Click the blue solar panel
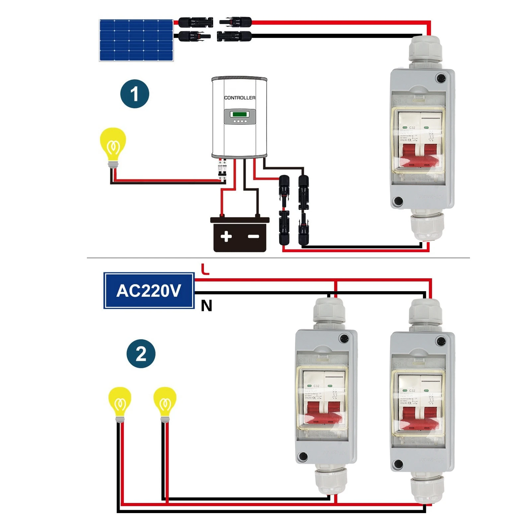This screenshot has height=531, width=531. (x=136, y=40)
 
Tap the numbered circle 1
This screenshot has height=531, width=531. (x=135, y=94)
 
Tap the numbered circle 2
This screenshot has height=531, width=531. (x=141, y=354)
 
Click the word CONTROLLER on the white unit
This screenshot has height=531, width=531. (x=239, y=98)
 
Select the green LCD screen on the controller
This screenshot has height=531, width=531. (x=239, y=114)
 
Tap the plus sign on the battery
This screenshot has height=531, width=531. (x=226, y=236)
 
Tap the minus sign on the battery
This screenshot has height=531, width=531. (x=254, y=236)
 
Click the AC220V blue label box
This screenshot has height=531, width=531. (x=149, y=291)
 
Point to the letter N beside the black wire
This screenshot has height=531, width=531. (x=206, y=305)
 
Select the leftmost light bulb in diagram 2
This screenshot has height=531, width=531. (x=120, y=402)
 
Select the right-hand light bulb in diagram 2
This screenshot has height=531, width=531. (x=165, y=402)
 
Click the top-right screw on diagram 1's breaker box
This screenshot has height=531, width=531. (x=441, y=79)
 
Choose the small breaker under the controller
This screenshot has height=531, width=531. (x=222, y=171)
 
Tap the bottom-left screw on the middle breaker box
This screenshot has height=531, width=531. (x=303, y=457)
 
